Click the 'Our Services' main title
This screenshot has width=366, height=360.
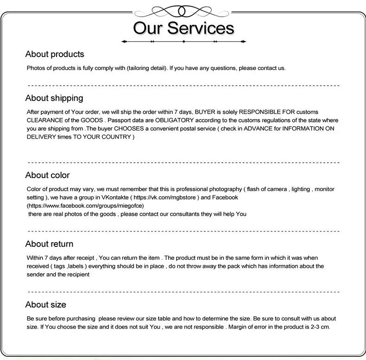[184, 27]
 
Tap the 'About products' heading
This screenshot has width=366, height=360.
[55, 54]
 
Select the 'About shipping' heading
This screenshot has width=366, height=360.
[54, 98]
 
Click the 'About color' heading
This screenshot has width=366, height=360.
[47, 175]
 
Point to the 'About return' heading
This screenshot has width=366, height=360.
[49, 244]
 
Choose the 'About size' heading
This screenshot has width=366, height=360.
[45, 304]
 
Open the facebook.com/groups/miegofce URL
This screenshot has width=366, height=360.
[87, 205]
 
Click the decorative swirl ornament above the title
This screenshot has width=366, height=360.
[183, 10]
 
